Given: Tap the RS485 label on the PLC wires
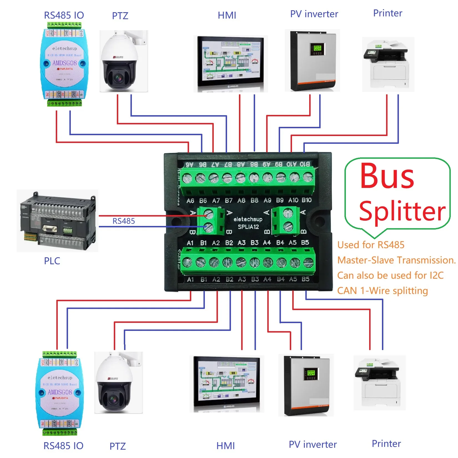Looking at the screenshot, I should tap(124, 221).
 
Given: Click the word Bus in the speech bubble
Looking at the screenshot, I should tap(387, 176).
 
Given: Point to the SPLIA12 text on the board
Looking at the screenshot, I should tap(248, 227).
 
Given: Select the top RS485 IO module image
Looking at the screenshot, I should tap(64, 64).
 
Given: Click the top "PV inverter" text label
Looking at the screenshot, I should tap(314, 14).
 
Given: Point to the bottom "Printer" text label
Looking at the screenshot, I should tap(386, 444).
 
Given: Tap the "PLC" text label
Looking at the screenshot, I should tap(52, 261).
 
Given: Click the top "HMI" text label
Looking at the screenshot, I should tap(227, 15).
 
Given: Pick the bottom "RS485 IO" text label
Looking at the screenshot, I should tap(63, 446).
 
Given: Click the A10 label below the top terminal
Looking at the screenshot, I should tap(293, 200).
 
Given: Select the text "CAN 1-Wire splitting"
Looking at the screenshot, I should tap(382, 291).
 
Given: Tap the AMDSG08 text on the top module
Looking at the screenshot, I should tap(64, 63).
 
